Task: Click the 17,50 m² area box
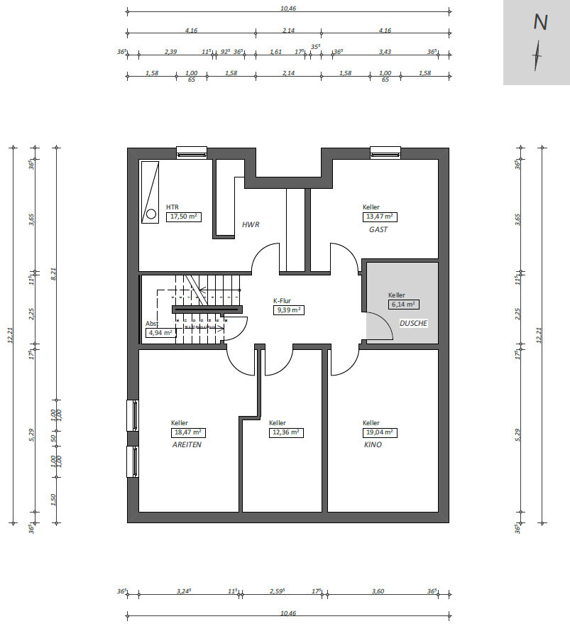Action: click(x=184, y=217)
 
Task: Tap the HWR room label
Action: click(x=251, y=224)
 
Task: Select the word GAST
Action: click(x=378, y=230)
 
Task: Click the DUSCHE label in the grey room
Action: click(x=413, y=324)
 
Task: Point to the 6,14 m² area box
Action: click(x=404, y=305)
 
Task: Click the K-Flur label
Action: click(x=282, y=301)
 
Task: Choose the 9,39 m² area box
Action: click(x=289, y=310)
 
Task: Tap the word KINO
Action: click(x=373, y=445)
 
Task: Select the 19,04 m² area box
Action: click(x=380, y=432)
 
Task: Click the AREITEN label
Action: click(x=187, y=445)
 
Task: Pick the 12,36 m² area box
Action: click(x=286, y=432)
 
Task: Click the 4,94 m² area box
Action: click(x=160, y=333)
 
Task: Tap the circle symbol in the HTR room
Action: click(x=151, y=214)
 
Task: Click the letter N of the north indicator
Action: click(x=540, y=22)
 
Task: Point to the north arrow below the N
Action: click(x=537, y=55)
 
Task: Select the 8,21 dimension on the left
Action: click(x=53, y=274)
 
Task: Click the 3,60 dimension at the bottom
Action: click(x=378, y=591)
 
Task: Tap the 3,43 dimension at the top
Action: click(x=385, y=52)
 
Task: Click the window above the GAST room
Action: click(x=385, y=153)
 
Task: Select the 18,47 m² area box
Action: click(x=188, y=432)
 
